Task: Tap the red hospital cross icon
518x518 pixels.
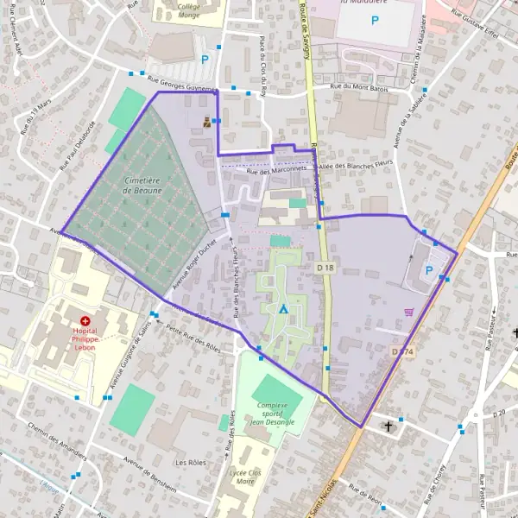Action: click(x=85, y=320)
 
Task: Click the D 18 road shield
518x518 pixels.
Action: click(x=325, y=269)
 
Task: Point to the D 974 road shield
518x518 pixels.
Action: click(x=401, y=351)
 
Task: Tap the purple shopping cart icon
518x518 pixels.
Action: click(x=408, y=312)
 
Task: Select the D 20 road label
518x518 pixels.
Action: click(x=498, y=414)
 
